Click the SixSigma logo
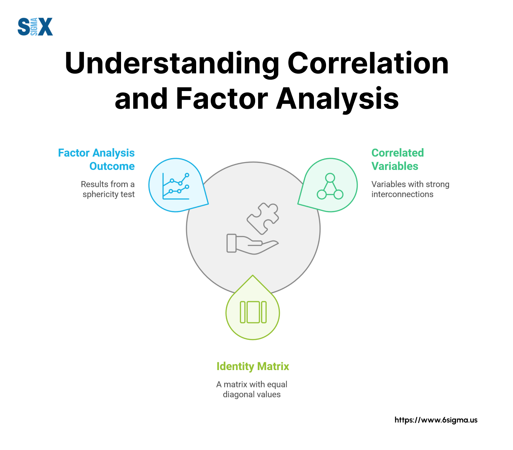pyautogui.click(x=35, y=27)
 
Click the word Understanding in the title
pyautogui.click(x=172, y=64)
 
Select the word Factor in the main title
pyautogui.click(x=222, y=98)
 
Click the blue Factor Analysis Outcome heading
pyautogui.click(x=96, y=159)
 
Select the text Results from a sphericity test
pyautogui.click(x=108, y=189)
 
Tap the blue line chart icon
pyautogui.click(x=176, y=186)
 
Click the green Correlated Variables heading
pyautogui.click(x=398, y=159)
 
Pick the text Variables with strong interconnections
pyautogui.click(x=410, y=189)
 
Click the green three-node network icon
pyautogui.click(x=330, y=186)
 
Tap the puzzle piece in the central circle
pyautogui.click(x=263, y=218)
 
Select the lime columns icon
pyautogui.click(x=253, y=312)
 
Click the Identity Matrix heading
pyautogui.click(x=253, y=366)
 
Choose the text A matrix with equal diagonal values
pyautogui.click(x=252, y=389)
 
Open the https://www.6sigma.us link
pyautogui.click(x=436, y=420)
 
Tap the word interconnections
pyautogui.click(x=402, y=194)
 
